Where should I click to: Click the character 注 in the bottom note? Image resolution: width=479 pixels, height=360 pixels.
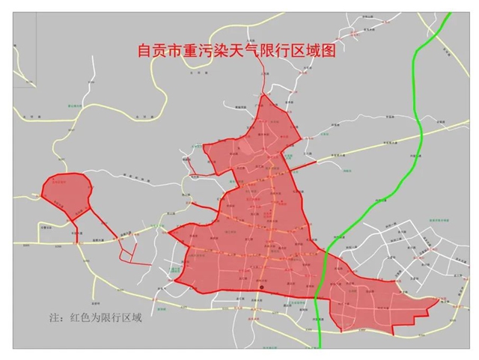[53, 317]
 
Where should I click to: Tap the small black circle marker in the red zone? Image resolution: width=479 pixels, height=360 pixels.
[261, 288]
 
